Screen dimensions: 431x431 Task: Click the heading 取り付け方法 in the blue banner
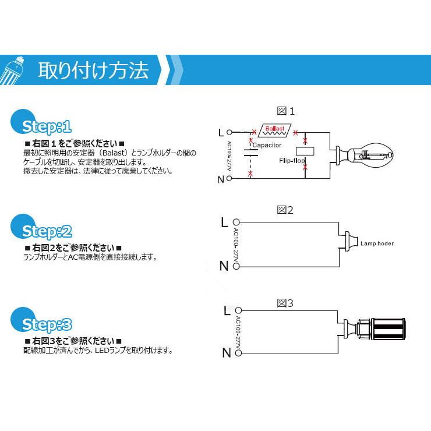[93, 70]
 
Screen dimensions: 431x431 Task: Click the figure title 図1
[286, 111]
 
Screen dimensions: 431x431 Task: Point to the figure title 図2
[285, 210]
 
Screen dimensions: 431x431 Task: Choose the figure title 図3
[285, 303]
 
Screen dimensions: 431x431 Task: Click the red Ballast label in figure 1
[274, 128]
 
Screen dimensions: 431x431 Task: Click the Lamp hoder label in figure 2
[377, 244]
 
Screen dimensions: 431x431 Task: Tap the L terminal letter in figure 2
[224, 222]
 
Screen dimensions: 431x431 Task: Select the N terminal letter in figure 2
[224, 266]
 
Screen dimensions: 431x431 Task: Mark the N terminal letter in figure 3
[225, 352]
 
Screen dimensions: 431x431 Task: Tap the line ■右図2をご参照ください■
[73, 248]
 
